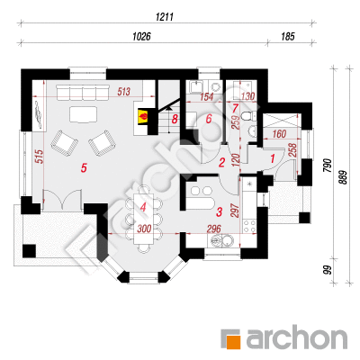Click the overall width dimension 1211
coord(165,17)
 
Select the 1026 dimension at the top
coord(141,37)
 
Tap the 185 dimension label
coord(288,37)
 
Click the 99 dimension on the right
coord(328,269)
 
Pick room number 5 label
coord(84,168)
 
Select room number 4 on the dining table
coord(143,207)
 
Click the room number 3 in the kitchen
coord(220,212)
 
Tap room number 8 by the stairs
coord(175,120)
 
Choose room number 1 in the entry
coord(273,158)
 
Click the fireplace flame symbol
coord(143,116)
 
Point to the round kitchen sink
coord(228,240)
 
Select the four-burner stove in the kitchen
coord(249,226)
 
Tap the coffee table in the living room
coord(84,114)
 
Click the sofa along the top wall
coord(83,93)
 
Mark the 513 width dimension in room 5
coord(123,91)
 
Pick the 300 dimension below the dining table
coord(144,229)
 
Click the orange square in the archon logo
coord(233,342)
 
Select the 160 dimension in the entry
coord(279,134)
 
